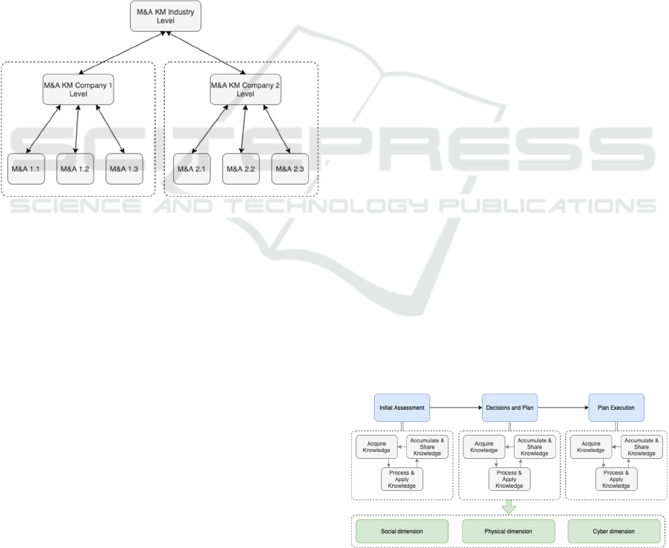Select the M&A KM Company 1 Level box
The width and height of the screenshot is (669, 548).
coord(77,88)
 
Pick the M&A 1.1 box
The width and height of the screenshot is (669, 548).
coord(27,169)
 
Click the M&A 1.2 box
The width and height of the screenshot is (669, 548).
coord(76,169)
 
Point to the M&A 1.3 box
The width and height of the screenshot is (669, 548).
coord(124,169)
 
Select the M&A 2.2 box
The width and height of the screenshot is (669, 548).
coord(241,169)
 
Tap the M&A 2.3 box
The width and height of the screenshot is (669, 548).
coord(290,169)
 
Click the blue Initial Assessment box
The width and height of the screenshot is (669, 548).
coord(402,408)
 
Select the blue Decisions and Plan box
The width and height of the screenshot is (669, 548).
coord(509,408)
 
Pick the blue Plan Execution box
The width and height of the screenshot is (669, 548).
coord(616,408)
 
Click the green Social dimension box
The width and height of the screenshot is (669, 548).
coord(402,532)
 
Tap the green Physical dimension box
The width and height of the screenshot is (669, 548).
coord(509,532)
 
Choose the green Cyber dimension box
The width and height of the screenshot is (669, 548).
coord(614,532)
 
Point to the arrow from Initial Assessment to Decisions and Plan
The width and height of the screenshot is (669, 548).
coord(455,408)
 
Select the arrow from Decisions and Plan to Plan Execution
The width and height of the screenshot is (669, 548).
coord(563,408)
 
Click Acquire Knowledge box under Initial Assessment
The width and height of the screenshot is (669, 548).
coord(377,446)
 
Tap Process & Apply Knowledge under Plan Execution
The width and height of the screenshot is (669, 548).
coord(616,479)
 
